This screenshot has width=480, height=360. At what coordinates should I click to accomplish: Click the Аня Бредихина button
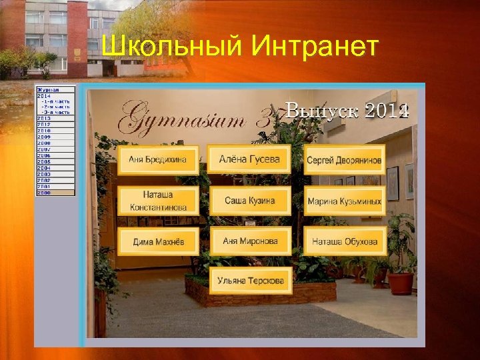[158, 160]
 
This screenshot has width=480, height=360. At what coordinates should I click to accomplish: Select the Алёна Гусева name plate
[249, 159]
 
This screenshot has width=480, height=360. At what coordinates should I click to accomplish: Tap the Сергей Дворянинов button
[344, 160]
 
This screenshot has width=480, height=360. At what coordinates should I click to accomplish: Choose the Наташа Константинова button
[158, 201]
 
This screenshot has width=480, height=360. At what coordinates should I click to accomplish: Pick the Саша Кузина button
[250, 201]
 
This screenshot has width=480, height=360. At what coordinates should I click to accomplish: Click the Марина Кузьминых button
[344, 201]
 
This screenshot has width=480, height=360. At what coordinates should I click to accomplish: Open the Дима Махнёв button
[158, 241]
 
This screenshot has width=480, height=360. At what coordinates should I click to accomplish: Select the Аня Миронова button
[250, 241]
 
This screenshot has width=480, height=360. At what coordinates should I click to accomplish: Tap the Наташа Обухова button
[344, 241]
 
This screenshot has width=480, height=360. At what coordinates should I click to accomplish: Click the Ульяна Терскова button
[250, 281]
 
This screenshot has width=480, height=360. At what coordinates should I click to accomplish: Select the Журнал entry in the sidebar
[48, 89]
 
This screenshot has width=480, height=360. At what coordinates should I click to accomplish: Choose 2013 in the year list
[44, 119]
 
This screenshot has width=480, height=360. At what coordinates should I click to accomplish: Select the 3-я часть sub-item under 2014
[56, 111]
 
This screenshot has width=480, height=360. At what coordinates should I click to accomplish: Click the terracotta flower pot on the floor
[400, 283]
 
